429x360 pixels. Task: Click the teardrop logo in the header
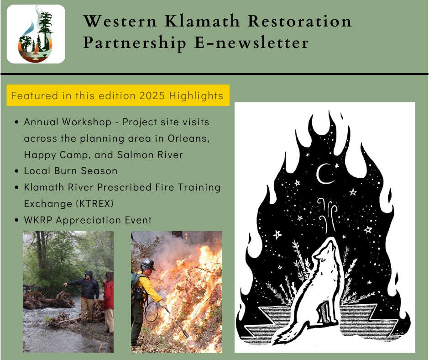coord(36,34)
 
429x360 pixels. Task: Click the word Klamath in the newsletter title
coord(202,21)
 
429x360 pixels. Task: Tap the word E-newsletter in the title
coord(251,43)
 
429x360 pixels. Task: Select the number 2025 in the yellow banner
coord(152,95)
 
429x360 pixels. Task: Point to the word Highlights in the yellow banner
coord(196,95)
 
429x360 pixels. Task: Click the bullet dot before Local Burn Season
coord(17,171)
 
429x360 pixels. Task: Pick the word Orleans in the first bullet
coord(188,138)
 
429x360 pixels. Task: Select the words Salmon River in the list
coord(150,155)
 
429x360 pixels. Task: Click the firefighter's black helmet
coord(148,265)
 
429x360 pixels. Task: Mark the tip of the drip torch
coord(187,336)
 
